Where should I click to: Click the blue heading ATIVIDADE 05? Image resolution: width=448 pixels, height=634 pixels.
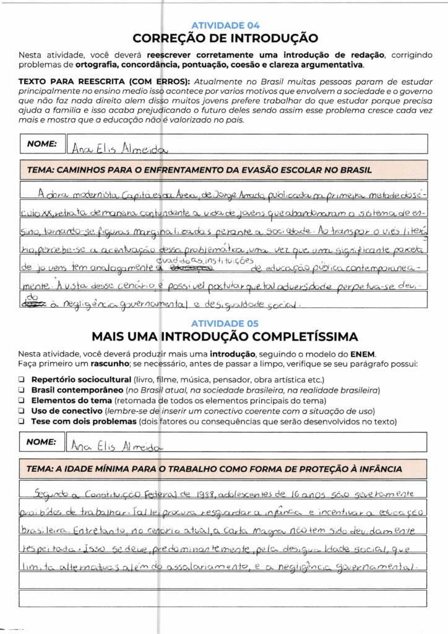225,323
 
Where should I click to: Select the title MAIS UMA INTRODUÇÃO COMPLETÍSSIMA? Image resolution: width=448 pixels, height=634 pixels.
225,337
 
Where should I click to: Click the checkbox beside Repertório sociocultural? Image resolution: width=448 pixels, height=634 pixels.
22,380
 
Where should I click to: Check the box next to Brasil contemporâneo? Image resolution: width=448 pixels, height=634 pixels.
22,390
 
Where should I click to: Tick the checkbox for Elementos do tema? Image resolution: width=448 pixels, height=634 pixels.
22,401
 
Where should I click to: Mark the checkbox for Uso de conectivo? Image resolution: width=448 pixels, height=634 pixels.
22,411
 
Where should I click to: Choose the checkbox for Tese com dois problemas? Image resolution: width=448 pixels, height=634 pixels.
22,422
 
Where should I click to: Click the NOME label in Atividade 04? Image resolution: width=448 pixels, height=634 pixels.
42,144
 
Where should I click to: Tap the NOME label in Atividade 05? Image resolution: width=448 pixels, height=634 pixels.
42,441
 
